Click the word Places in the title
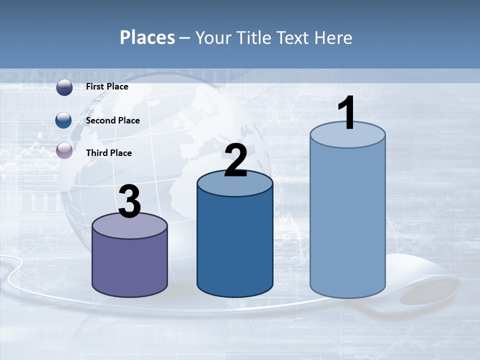tap(147, 37)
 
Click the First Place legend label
tap(107, 86)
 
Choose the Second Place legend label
tap(112, 120)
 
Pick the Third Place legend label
tap(108, 153)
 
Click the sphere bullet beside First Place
tap(64, 87)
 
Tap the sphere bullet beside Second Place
tap(64, 120)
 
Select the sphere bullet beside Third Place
tap(64, 150)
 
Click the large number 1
tap(346, 113)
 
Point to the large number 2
tap(235, 160)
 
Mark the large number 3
tap(129, 201)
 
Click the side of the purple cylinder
tap(129, 265)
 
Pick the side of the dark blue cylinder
tap(235, 245)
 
